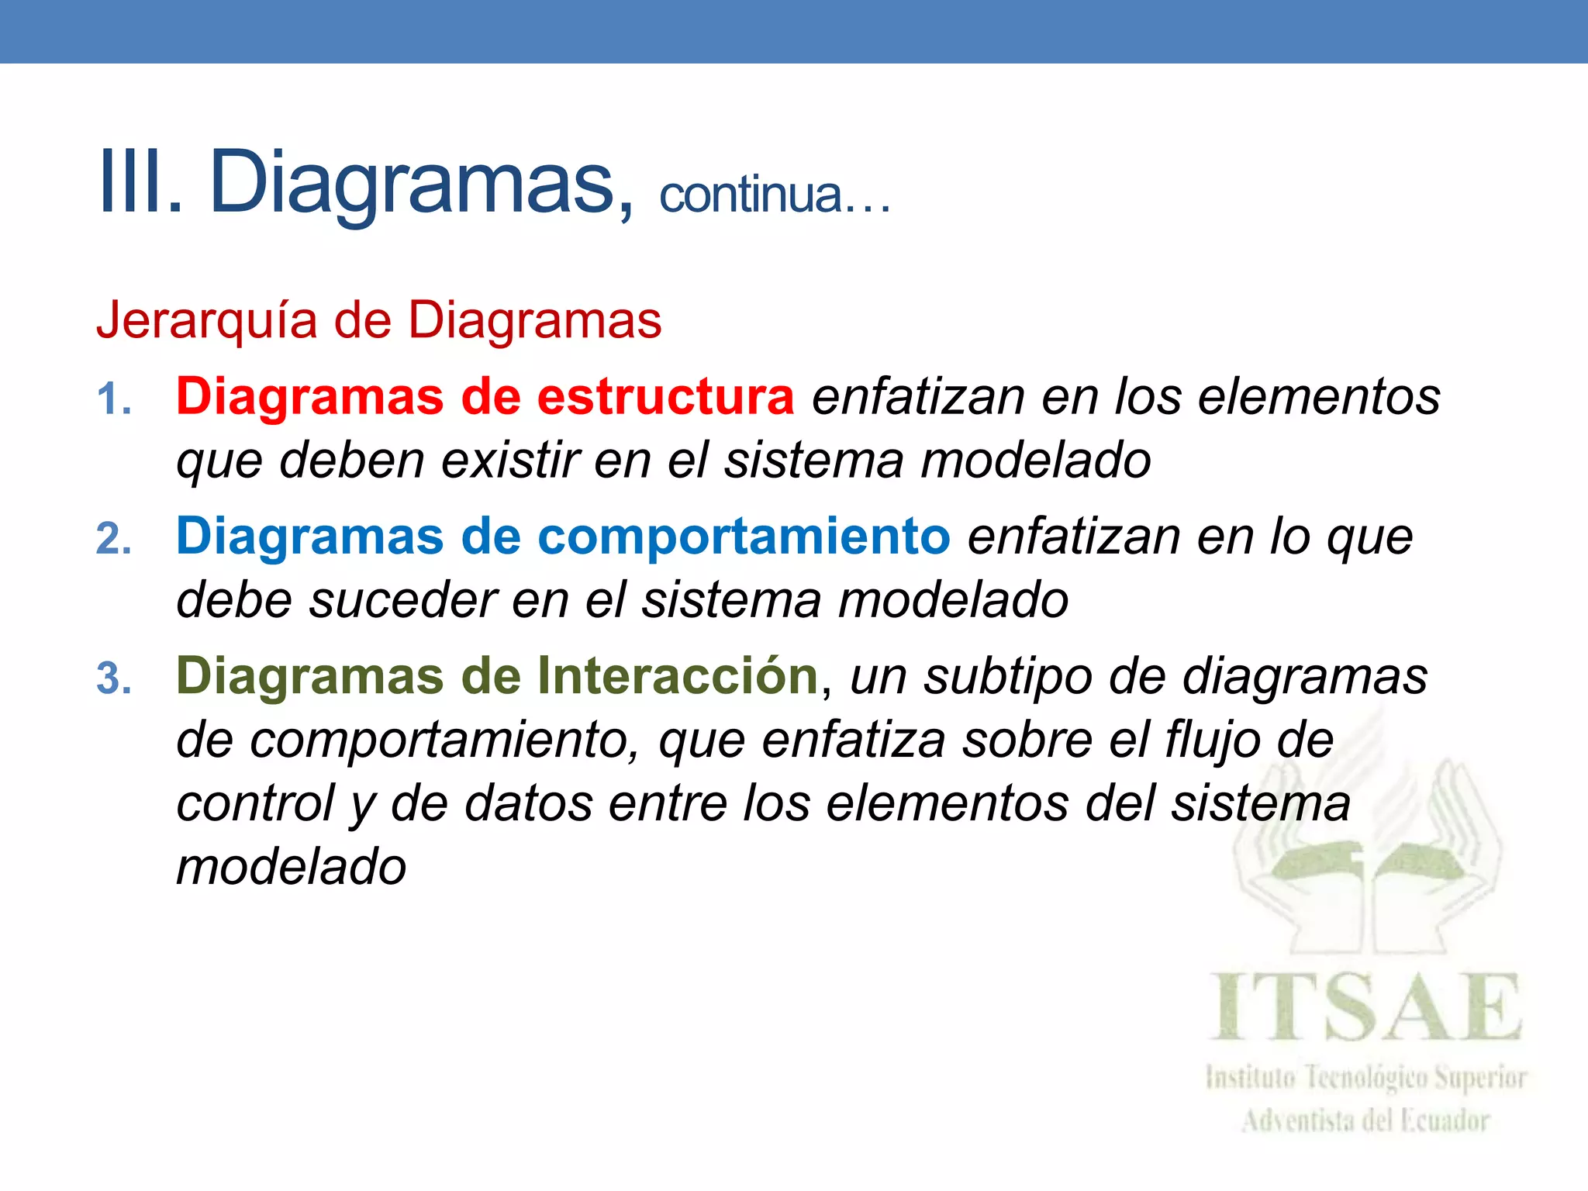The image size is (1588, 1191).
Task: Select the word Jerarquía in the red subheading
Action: click(x=206, y=320)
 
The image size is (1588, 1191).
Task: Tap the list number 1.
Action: click(x=113, y=400)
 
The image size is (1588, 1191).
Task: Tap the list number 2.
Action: click(x=113, y=539)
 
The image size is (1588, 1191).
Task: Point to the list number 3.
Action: click(x=113, y=678)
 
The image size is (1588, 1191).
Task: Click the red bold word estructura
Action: click(x=665, y=396)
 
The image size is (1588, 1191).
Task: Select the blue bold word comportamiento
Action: click(x=744, y=536)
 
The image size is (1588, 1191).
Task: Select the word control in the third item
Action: click(x=255, y=803)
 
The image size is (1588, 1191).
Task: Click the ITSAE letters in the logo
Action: click(x=1366, y=1008)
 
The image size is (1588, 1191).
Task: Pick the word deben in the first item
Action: click(x=351, y=460)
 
